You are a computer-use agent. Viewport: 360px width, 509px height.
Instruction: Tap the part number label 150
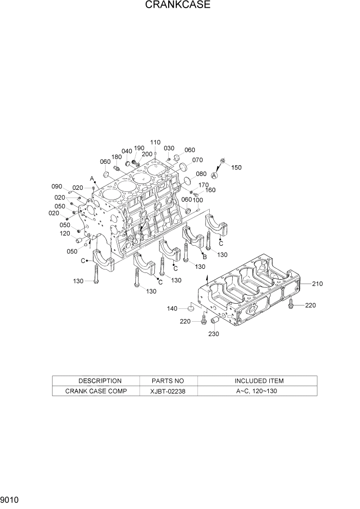tap(236, 167)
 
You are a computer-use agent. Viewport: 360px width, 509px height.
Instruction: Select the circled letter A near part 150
tap(214, 175)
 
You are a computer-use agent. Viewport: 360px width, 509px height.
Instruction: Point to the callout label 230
tap(214, 334)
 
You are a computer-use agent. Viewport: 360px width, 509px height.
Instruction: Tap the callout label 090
tap(56, 186)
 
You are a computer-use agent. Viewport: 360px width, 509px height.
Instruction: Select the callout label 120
tap(65, 233)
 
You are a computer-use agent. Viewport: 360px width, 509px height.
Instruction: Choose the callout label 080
tap(201, 173)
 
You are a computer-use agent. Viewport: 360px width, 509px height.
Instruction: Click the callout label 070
tap(197, 160)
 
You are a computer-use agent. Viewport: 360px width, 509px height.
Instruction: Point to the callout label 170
tap(204, 185)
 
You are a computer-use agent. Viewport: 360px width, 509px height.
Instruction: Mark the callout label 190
tap(139, 148)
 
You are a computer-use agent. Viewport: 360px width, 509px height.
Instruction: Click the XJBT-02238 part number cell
tap(168, 390)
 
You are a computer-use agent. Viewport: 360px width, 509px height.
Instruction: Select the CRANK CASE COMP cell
tap(96, 390)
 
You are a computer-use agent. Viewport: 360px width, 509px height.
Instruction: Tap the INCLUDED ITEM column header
tap(259, 381)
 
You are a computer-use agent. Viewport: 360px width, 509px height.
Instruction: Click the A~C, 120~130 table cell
tap(259, 390)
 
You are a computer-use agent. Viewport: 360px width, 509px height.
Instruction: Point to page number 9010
tap(10, 499)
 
